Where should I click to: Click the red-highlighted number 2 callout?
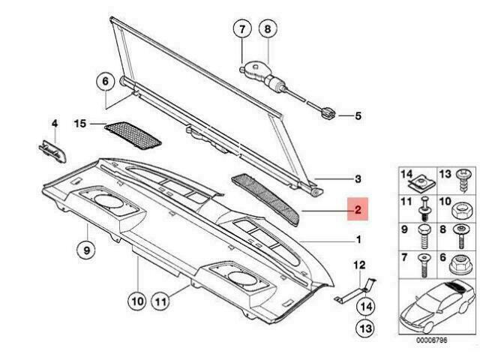358,212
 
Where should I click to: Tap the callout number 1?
358,240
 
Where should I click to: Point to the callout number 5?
358,115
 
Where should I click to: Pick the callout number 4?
54,123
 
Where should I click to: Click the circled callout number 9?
86,248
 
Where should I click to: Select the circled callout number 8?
267,31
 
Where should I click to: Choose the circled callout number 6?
105,81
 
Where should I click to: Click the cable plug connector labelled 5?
328,114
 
